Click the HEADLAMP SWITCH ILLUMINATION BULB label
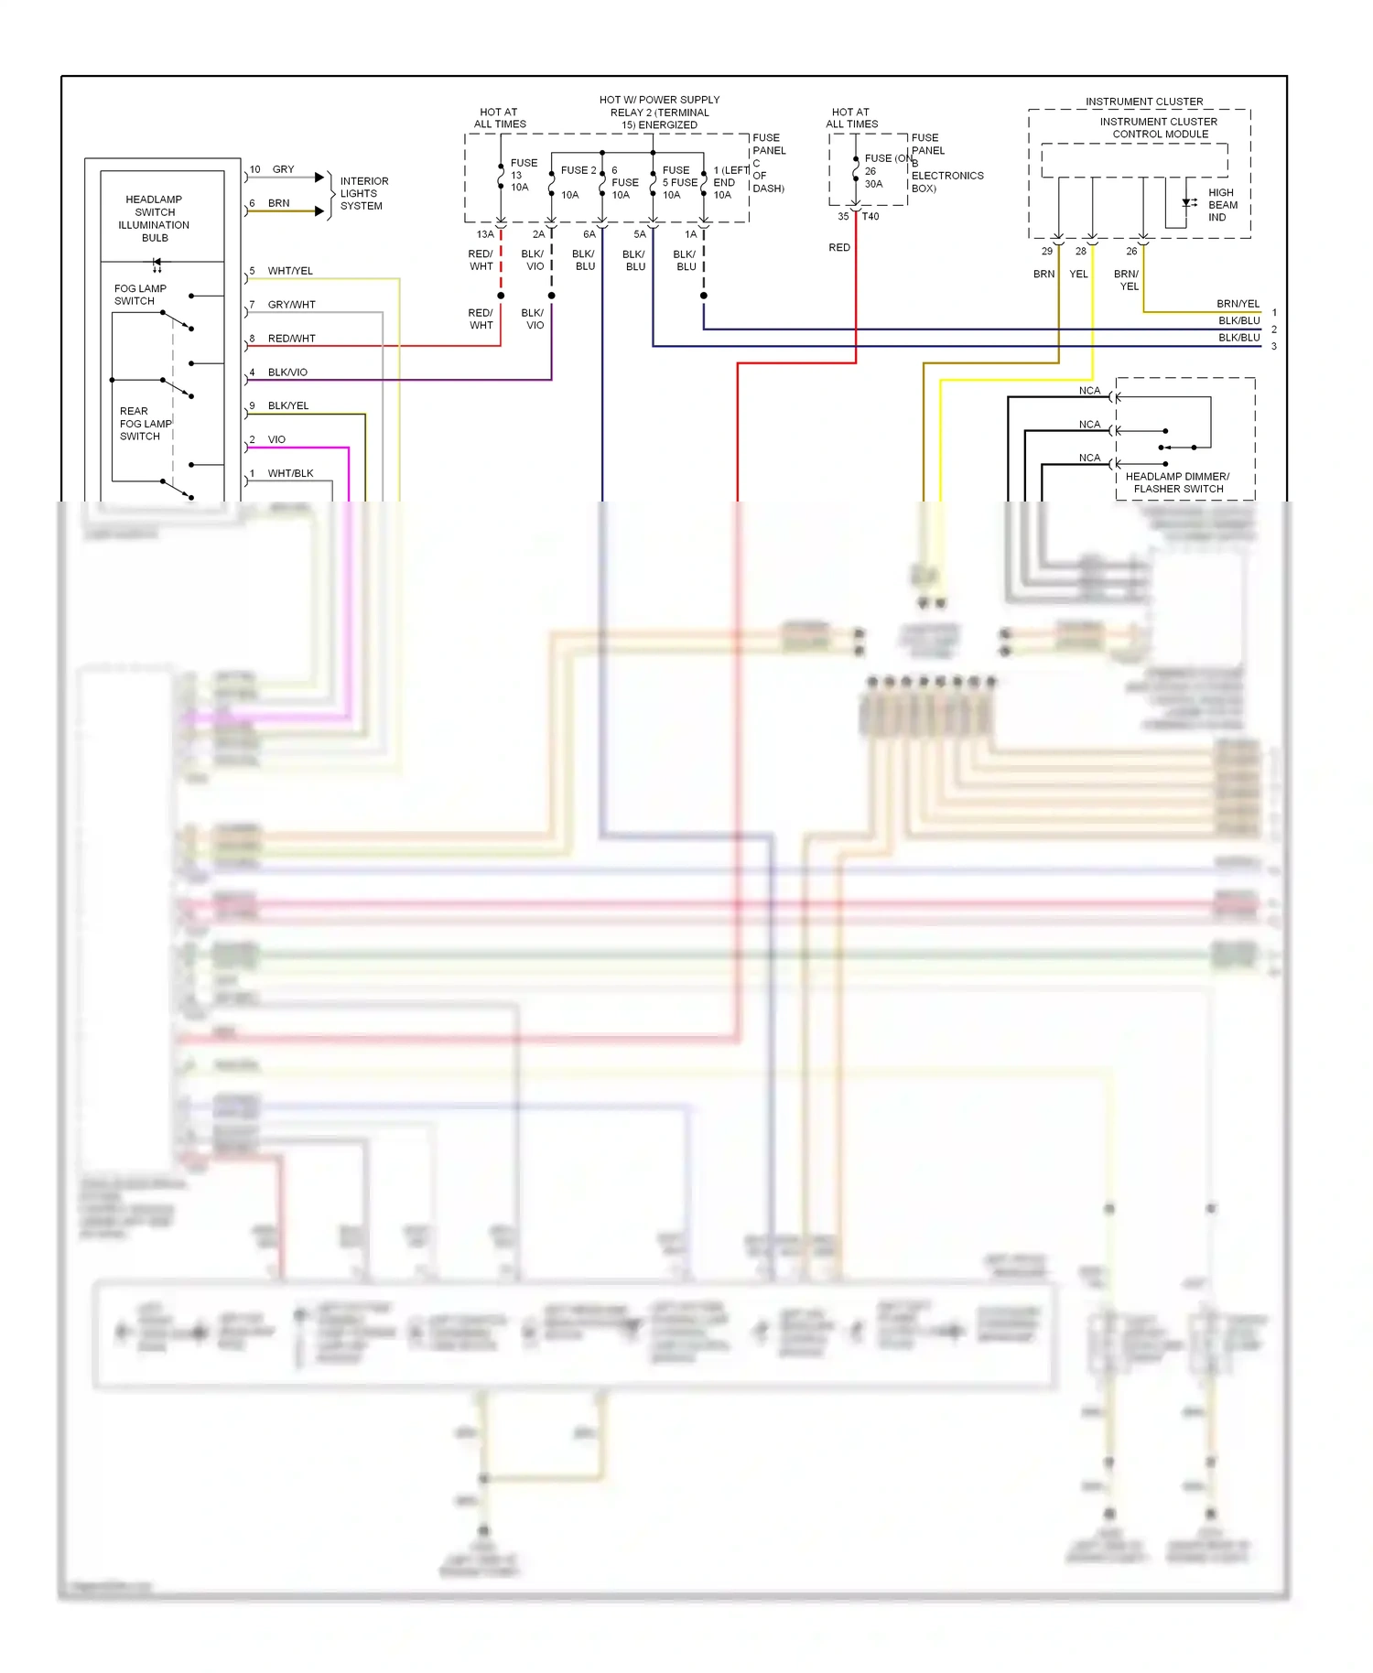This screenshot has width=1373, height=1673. click(x=154, y=218)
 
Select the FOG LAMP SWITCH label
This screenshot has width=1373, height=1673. click(x=140, y=295)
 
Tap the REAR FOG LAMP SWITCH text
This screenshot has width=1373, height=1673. click(x=145, y=424)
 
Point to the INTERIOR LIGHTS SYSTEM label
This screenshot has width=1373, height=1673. click(x=363, y=193)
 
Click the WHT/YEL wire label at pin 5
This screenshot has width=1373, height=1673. click(x=290, y=271)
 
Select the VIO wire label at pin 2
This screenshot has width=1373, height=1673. click(x=276, y=439)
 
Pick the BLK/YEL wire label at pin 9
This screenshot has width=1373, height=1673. click(x=288, y=405)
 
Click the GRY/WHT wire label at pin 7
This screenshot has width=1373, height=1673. click(x=291, y=305)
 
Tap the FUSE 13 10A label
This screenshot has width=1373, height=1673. click(x=523, y=175)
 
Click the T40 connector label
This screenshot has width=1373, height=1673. click(x=870, y=217)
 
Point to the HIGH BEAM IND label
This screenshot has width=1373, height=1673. click(x=1222, y=205)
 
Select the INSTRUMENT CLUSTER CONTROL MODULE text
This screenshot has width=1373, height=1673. click(x=1159, y=127)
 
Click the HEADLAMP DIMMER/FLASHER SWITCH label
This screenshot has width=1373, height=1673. click(x=1177, y=482)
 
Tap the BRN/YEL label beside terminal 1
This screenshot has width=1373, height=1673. click(x=1238, y=304)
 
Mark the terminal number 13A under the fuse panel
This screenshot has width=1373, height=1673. click(x=485, y=234)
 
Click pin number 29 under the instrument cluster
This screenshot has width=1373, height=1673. click(x=1046, y=251)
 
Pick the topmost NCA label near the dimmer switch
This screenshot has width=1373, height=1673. click(x=1089, y=391)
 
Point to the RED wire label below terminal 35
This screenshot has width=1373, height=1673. click(x=839, y=247)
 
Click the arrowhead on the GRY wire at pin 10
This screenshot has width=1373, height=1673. click(x=319, y=178)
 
